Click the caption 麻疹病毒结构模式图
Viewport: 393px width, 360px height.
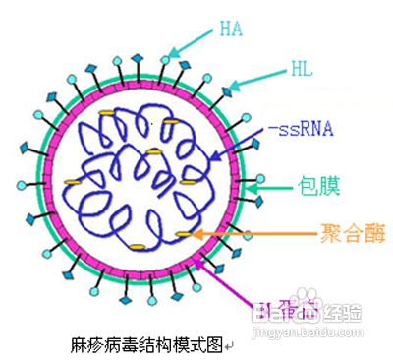click(x=146, y=345)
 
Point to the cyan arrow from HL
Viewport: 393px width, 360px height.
click(x=259, y=79)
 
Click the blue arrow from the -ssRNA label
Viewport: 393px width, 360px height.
click(x=241, y=143)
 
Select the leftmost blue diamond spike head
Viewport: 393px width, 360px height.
click(x=24, y=149)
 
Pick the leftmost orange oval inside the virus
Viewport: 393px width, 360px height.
click(x=73, y=183)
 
